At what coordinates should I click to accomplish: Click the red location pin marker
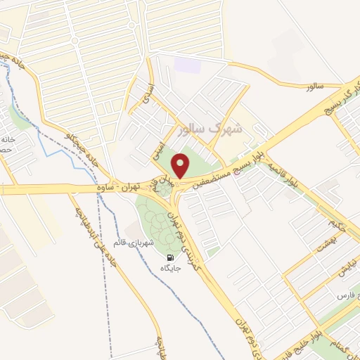[181, 167]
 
